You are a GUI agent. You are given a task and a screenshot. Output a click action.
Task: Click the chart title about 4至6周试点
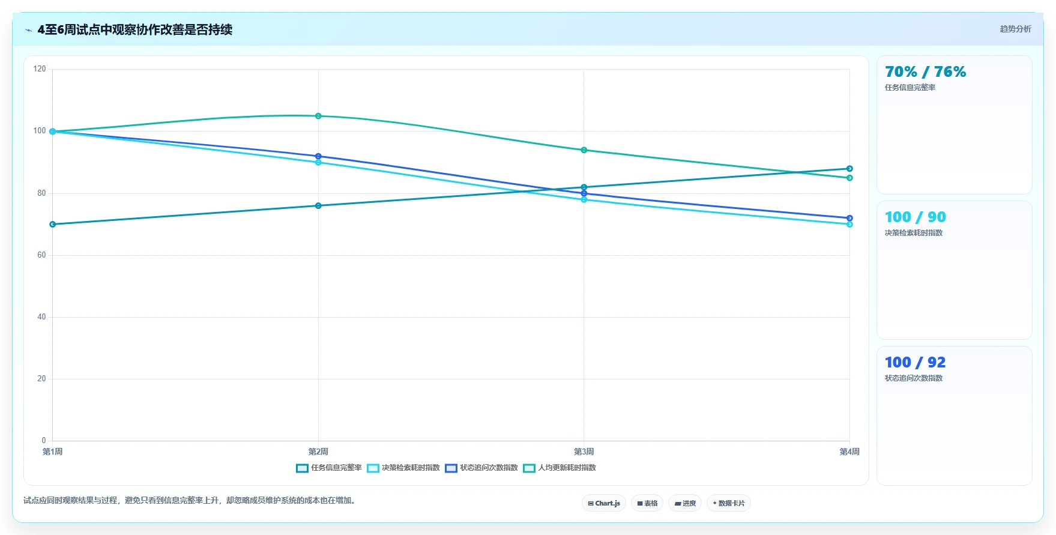[x=135, y=29]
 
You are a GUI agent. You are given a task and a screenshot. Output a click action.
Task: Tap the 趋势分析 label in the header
[x=1015, y=29]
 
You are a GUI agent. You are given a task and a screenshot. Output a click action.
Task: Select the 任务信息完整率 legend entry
[x=329, y=468]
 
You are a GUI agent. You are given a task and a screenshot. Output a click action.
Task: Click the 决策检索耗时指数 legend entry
[x=403, y=468]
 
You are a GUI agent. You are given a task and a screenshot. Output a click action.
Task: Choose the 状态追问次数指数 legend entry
[x=481, y=468]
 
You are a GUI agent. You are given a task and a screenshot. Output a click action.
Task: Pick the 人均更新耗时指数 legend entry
[x=560, y=468]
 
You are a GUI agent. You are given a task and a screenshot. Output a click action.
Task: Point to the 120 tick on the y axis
[x=40, y=69]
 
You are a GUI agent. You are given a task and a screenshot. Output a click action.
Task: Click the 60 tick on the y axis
[x=41, y=255]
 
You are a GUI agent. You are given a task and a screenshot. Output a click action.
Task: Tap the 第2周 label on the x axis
[x=318, y=452]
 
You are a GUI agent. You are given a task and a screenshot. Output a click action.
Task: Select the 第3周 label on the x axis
[x=584, y=452]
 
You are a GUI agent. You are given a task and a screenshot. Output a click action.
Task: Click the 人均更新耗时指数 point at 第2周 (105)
[x=318, y=116]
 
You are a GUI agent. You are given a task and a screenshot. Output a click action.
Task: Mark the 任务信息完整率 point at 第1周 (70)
[x=53, y=225]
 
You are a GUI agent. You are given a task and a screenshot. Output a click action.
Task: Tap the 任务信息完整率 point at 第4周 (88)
[x=849, y=169]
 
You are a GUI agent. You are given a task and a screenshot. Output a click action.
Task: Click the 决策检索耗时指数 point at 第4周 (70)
[x=849, y=225]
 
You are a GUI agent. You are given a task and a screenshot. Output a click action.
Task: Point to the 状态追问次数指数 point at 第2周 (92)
[x=318, y=156]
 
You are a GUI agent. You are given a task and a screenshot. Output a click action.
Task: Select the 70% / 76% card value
[x=925, y=72]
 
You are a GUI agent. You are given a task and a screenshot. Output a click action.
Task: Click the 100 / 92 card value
[x=915, y=363]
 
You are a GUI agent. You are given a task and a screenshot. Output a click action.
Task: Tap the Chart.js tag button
[x=604, y=503]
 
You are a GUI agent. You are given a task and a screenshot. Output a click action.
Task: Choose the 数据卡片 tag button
[x=729, y=503]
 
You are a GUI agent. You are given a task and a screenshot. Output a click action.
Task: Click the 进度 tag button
[x=685, y=503]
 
